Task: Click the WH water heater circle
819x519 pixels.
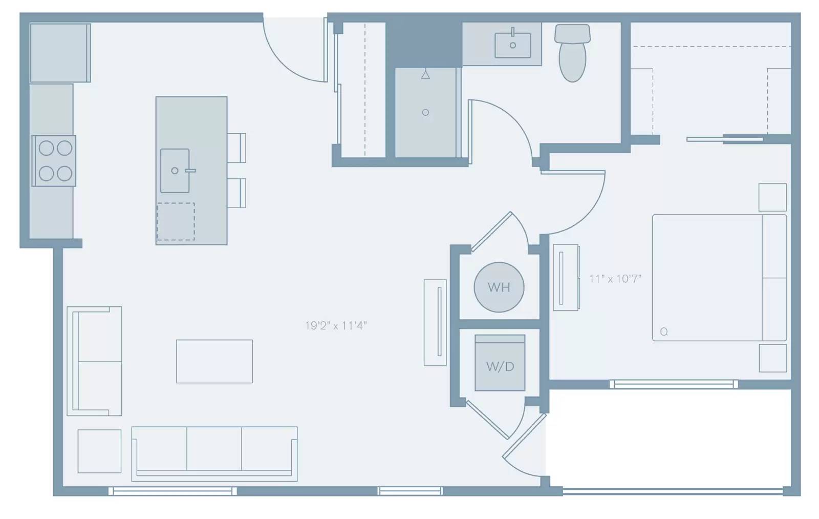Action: coord(499,287)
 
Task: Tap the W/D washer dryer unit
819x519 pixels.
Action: coord(500,363)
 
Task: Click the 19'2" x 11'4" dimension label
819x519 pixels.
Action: coord(336,325)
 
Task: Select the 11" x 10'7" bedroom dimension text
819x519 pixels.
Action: coord(615,279)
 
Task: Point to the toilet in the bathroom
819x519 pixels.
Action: coord(572,53)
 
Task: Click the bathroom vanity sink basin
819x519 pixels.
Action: coord(512,46)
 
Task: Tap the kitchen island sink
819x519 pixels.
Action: coord(175,171)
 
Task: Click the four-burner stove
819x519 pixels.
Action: coord(54,161)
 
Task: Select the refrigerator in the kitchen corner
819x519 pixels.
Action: coord(60,53)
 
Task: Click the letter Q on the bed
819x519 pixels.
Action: coord(664,331)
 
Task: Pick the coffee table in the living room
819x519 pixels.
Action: coord(214,361)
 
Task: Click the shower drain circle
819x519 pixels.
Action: coord(425,112)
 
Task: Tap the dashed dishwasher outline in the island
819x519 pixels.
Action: coord(176,221)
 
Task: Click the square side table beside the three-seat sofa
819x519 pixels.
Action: coord(99,451)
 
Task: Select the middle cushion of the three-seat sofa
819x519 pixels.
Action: coord(214,449)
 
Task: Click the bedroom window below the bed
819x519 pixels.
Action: coord(674,384)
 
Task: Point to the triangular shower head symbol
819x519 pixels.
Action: coord(425,75)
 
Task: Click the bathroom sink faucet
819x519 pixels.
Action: coord(512,32)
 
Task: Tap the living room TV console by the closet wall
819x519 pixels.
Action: coord(435,322)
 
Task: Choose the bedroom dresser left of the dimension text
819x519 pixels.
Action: coord(566,278)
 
